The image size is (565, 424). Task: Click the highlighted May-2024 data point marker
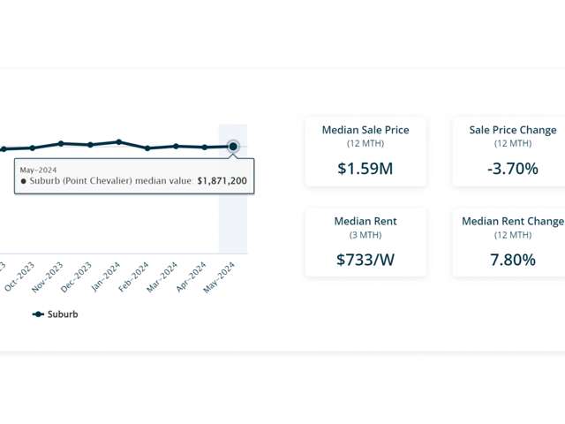[x=233, y=146]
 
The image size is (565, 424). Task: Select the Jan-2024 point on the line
[x=118, y=141]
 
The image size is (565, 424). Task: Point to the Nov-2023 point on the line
[x=61, y=143]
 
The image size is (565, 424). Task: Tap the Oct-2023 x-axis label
[x=20, y=275]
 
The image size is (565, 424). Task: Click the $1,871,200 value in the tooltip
[x=222, y=181]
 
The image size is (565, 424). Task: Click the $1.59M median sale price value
[x=365, y=168]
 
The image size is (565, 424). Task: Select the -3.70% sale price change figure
[x=512, y=168]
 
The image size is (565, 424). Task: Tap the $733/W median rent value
[x=365, y=260]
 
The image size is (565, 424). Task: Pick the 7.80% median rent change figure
[x=512, y=260]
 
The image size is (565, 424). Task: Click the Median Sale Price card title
[x=365, y=130]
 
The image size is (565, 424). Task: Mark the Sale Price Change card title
[x=513, y=130]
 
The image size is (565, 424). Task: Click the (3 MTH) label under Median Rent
[x=365, y=235]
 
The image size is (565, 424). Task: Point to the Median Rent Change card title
[x=513, y=221]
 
